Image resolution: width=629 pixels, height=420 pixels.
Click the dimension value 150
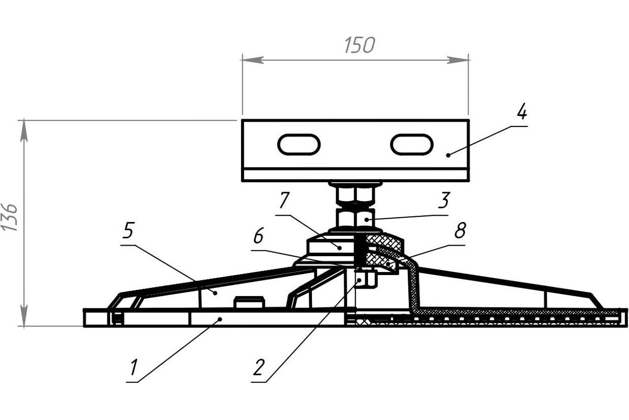coord(360,46)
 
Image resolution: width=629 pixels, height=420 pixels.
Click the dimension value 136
coord(10,217)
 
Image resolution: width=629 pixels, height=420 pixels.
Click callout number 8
coord(460,230)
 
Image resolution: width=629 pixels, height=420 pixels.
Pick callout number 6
coord(258,237)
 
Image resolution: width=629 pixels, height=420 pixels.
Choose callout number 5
coord(128,230)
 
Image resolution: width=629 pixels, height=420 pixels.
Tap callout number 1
coord(134,367)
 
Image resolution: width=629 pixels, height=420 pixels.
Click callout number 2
coord(258,367)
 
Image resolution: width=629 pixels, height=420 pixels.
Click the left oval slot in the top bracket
coord(299,144)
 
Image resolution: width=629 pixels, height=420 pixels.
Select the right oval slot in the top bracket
coord(411,144)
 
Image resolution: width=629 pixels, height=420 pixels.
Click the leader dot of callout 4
coord(448,155)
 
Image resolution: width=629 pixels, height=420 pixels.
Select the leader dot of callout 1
coord(220,319)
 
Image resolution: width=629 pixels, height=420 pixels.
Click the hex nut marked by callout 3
coord(355,217)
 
